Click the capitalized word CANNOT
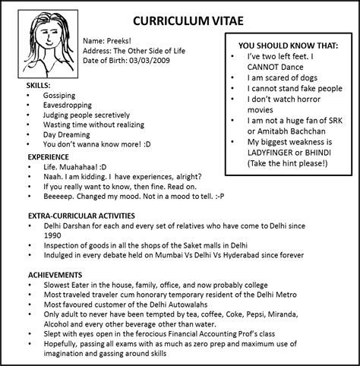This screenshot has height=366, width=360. click(270, 66)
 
